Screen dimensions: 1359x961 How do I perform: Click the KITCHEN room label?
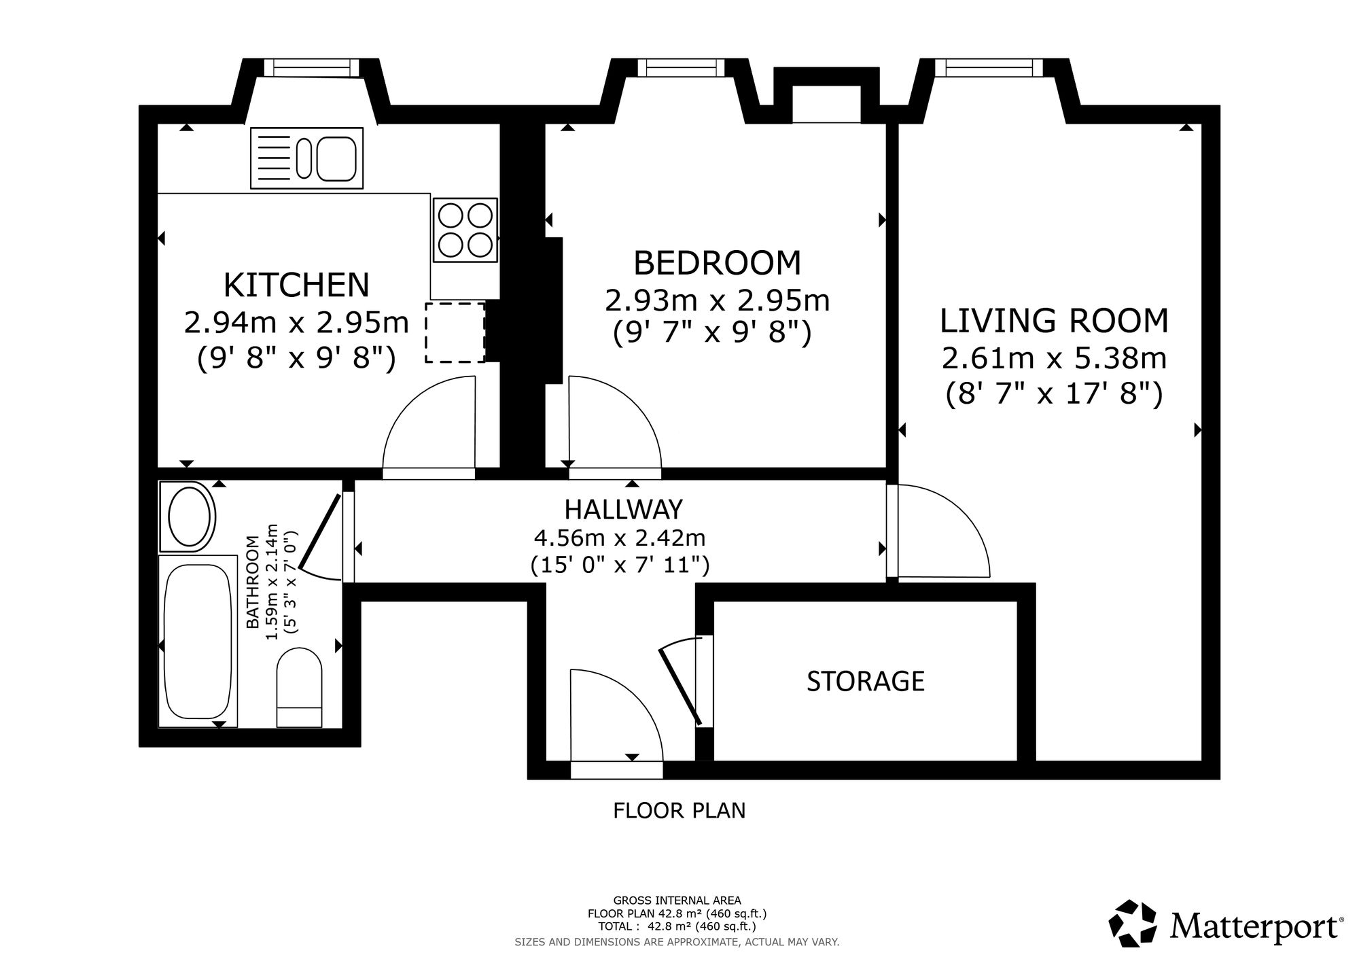(x=297, y=285)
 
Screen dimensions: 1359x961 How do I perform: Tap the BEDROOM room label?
(x=718, y=263)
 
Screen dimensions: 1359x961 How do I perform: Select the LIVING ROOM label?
(x=1055, y=321)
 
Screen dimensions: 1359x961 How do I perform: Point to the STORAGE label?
(x=866, y=681)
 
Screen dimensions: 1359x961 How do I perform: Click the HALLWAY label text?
(x=624, y=509)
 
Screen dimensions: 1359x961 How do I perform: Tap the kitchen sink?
(x=306, y=158)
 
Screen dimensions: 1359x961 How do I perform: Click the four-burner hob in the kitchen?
(x=465, y=230)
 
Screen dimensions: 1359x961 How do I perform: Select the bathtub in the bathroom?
(x=198, y=641)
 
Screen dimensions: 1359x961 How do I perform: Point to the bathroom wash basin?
(x=188, y=517)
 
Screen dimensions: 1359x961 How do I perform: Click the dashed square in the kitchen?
(x=455, y=332)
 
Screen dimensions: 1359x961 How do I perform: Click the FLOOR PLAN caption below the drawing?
(x=679, y=811)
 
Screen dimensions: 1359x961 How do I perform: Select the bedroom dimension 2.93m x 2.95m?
(x=718, y=300)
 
